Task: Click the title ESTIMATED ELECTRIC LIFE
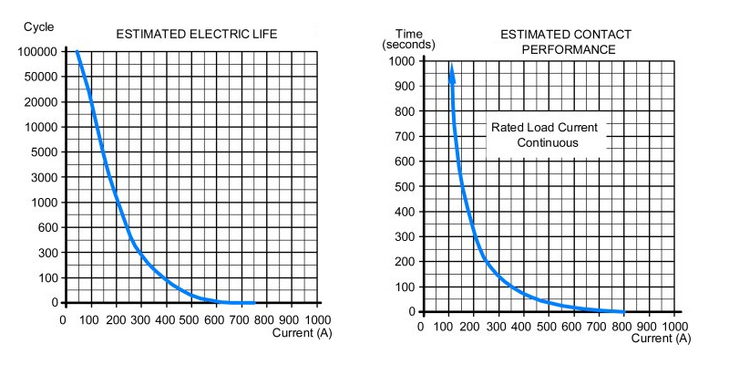pyautogui.click(x=196, y=35)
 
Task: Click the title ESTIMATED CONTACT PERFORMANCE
pyautogui.click(x=567, y=41)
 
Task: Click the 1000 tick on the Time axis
pyautogui.click(x=402, y=61)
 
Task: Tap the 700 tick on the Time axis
pyautogui.click(x=405, y=136)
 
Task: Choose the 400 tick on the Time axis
pyautogui.click(x=405, y=212)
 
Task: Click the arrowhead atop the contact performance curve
pyautogui.click(x=451, y=71)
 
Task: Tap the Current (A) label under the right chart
pyautogui.click(x=658, y=338)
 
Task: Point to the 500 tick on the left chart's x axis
pyautogui.click(x=190, y=320)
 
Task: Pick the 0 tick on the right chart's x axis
pyautogui.click(x=420, y=326)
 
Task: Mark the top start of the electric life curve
pyautogui.click(x=77, y=52)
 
